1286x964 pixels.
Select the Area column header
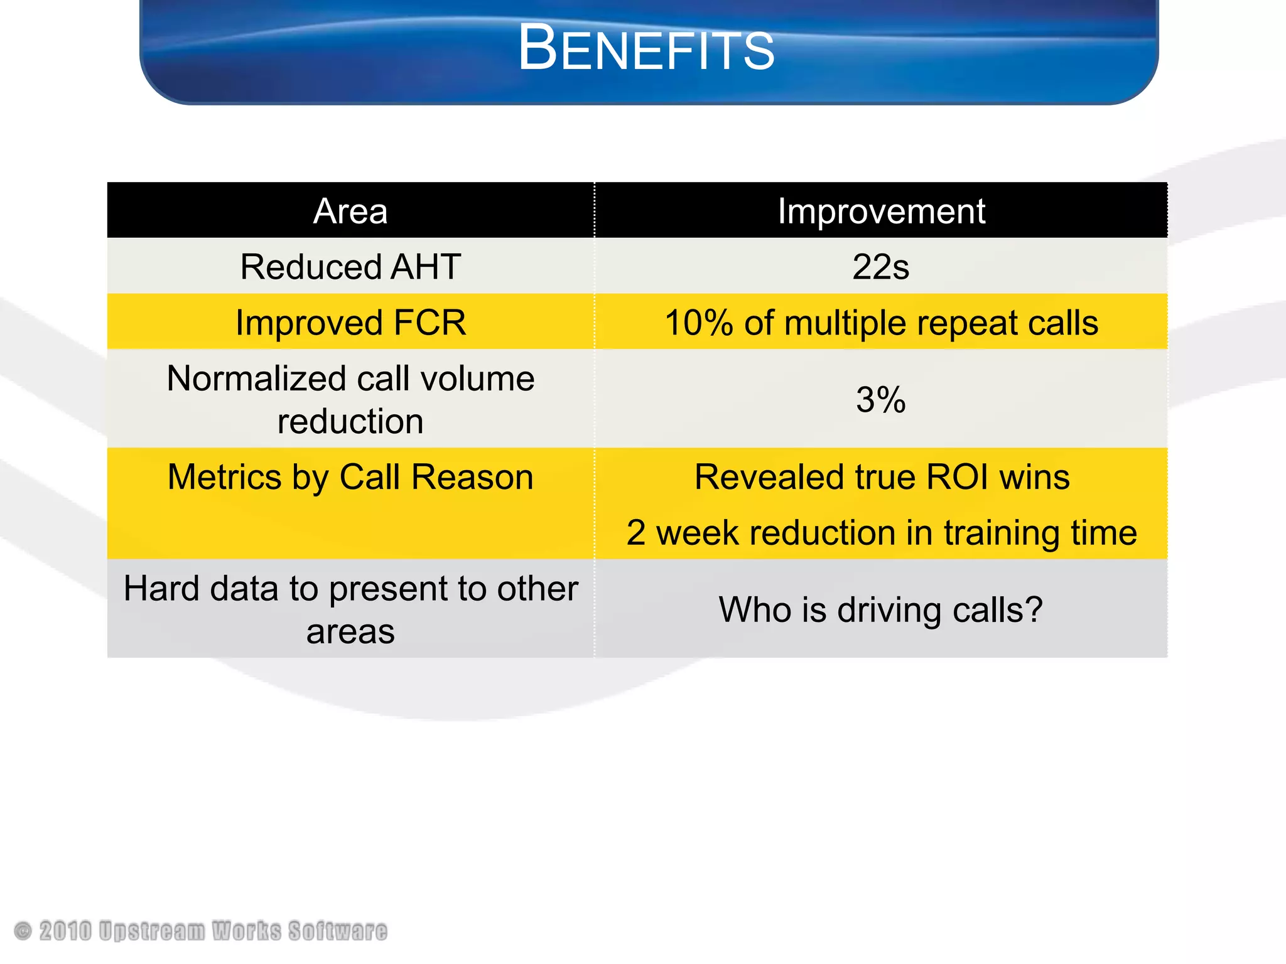point(350,211)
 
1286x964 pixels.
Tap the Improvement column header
point(881,211)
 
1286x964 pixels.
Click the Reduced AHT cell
point(350,267)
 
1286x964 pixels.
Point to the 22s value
point(880,267)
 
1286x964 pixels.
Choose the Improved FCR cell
point(350,323)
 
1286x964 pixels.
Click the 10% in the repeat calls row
point(698,323)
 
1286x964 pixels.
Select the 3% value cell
point(880,400)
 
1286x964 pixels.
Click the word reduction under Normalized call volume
point(350,421)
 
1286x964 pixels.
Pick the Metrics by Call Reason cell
point(350,477)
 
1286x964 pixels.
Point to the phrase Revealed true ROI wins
point(881,477)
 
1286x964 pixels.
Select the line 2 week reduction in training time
point(881,533)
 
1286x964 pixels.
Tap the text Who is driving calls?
point(880,609)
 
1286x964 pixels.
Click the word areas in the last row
point(350,631)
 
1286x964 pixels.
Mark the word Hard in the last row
point(160,589)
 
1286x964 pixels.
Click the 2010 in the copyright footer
point(65,931)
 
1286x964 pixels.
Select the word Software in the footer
point(338,931)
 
